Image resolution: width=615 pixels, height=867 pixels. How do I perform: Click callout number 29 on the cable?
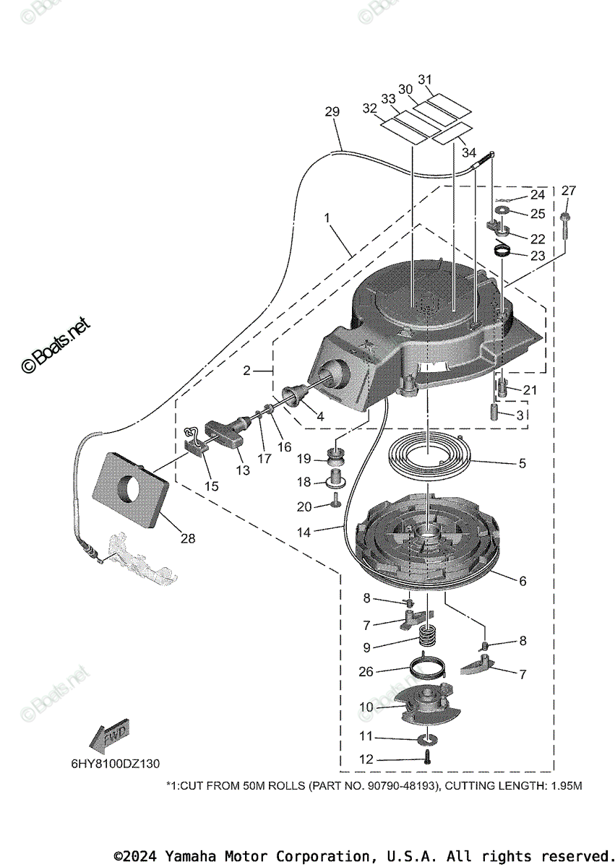tap(332, 112)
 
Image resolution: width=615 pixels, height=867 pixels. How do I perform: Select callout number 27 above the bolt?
tap(569, 191)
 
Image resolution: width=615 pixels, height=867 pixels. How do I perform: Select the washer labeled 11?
tap(429, 738)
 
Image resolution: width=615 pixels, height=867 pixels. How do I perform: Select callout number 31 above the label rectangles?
tap(425, 79)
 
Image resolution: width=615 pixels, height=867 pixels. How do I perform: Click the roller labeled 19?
tap(337, 457)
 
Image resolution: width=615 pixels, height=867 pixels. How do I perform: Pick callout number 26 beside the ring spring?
tap(366, 671)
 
